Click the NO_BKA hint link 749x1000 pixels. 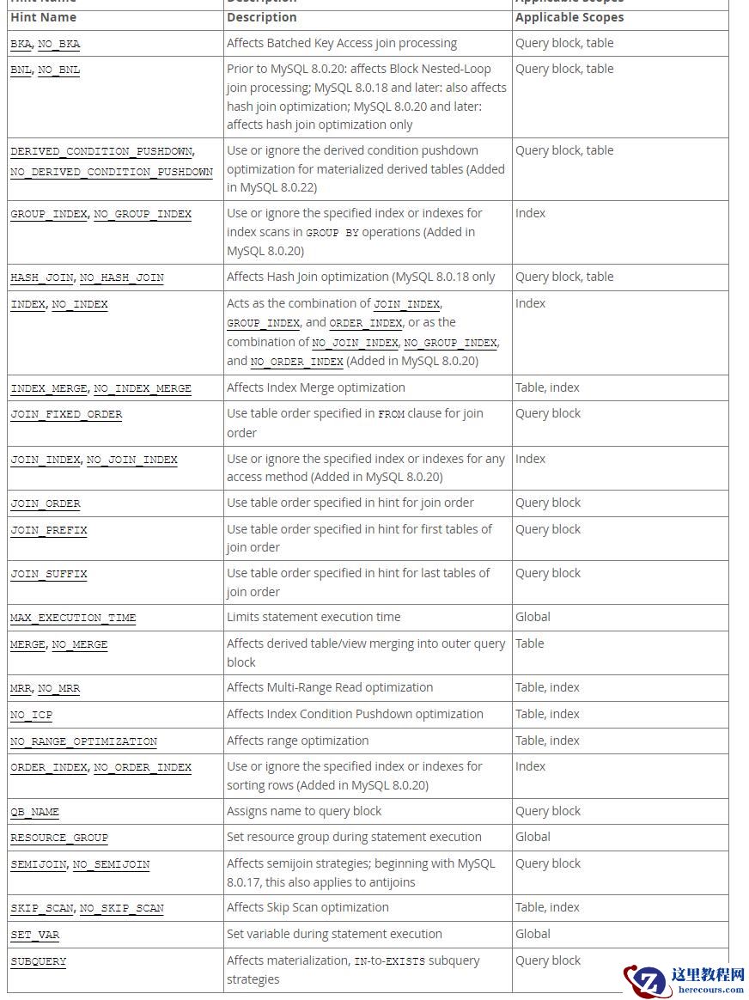point(59,44)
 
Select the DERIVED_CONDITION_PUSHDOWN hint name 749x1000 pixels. point(101,151)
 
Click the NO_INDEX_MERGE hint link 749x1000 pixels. point(143,388)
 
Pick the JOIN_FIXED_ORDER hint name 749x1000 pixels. point(66,414)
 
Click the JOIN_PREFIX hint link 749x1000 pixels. point(49,530)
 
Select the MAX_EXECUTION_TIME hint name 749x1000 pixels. point(73,618)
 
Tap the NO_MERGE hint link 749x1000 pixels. point(80,644)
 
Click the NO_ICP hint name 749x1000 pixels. point(31,715)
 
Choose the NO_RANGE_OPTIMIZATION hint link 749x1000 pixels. point(83,741)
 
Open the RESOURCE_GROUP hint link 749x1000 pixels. point(59,838)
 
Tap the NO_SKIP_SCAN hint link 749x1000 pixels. point(121,908)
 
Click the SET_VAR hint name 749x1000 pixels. point(34,935)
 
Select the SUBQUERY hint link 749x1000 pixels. point(38,961)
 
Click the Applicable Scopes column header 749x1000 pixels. point(569,17)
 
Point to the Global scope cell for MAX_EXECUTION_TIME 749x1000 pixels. point(533,617)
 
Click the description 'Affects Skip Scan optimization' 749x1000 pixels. point(308,907)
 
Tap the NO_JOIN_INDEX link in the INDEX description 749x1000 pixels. point(355,343)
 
